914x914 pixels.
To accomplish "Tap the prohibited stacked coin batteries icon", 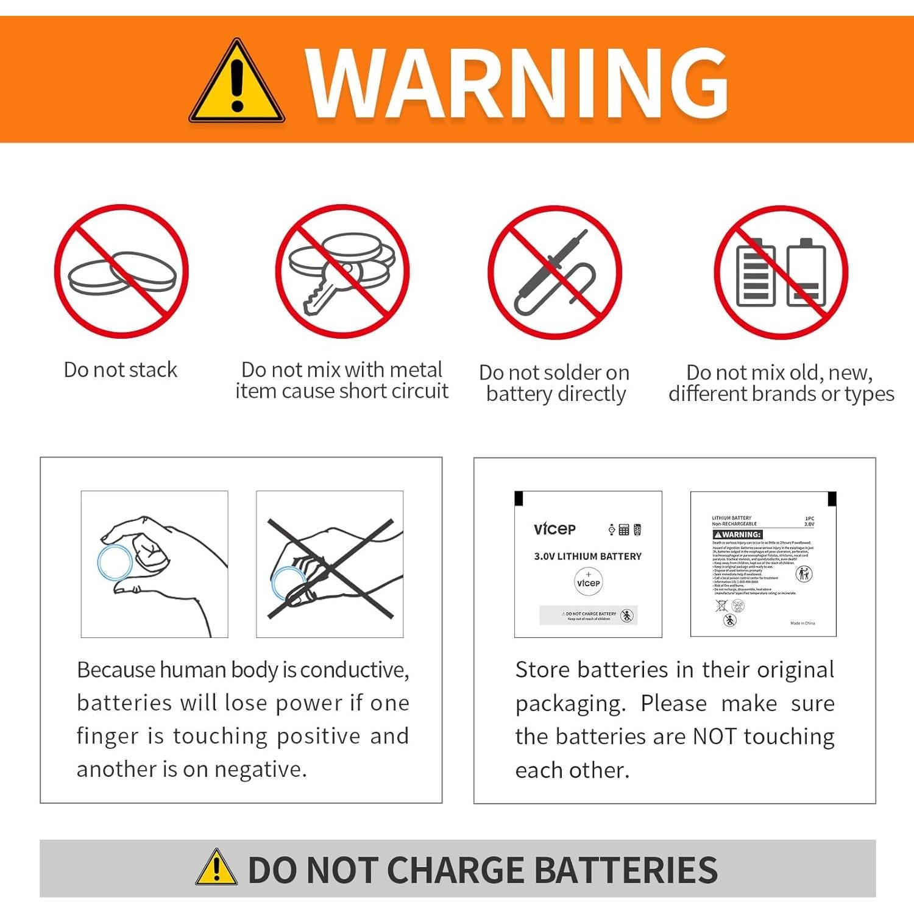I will click(x=121, y=272).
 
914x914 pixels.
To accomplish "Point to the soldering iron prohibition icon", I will click(x=554, y=272).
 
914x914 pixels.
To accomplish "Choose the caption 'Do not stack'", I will click(x=121, y=370).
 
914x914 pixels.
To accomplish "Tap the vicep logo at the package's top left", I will click(x=554, y=529).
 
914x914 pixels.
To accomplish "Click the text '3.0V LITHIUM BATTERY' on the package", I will click(x=587, y=556).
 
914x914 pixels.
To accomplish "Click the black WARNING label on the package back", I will click(x=737, y=534).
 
